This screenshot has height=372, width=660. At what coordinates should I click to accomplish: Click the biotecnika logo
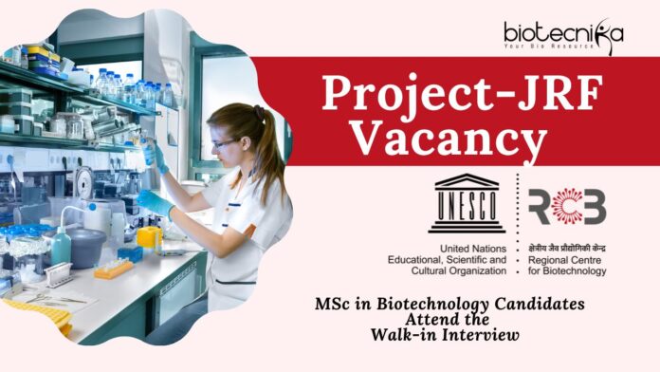(x=563, y=36)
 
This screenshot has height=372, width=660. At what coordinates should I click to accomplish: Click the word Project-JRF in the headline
(x=462, y=93)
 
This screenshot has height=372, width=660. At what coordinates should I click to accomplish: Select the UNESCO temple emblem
(x=467, y=203)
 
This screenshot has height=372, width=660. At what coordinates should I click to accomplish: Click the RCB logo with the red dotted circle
(x=567, y=206)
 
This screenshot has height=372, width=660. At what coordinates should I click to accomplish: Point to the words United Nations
(x=473, y=249)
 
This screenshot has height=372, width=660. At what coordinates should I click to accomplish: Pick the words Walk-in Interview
(x=445, y=335)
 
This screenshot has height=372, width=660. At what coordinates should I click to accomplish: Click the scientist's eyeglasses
(x=224, y=144)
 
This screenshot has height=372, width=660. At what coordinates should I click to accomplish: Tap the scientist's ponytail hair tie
(x=259, y=112)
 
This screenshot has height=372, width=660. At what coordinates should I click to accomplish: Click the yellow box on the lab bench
(x=150, y=237)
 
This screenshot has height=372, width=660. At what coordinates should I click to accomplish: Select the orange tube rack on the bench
(x=114, y=269)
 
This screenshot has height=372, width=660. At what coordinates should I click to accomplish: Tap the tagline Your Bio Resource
(x=549, y=46)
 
